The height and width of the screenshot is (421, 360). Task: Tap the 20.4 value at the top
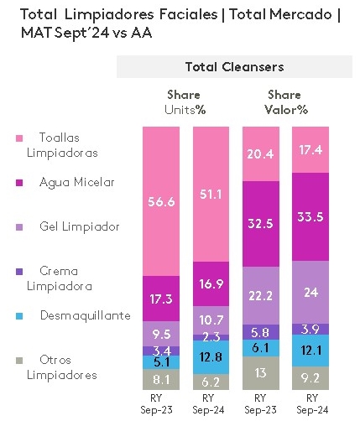point(258,153)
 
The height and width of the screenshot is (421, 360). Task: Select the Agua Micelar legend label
point(65,182)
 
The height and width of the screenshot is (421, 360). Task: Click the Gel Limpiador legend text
point(67,226)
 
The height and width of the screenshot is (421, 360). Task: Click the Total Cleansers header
point(233,66)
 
